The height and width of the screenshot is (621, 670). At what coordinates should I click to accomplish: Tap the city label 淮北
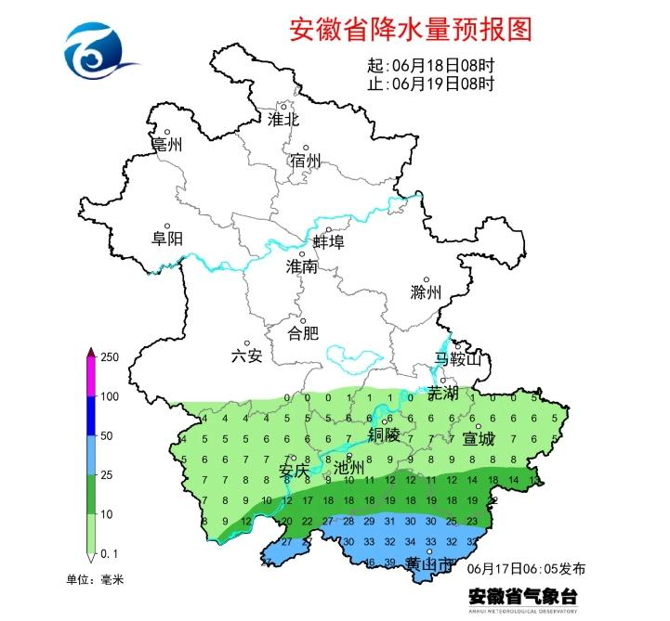pyautogui.click(x=282, y=120)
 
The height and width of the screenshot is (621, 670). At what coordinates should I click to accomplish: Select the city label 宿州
pyautogui.click(x=305, y=162)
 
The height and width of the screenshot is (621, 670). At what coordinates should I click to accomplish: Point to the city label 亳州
pyautogui.click(x=167, y=145)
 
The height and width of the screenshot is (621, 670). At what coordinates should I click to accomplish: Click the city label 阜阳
pyautogui.click(x=167, y=239)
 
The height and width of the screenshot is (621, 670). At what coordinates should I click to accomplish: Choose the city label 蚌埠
pyautogui.click(x=328, y=242)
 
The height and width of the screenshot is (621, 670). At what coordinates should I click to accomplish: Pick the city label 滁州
pyautogui.click(x=426, y=292)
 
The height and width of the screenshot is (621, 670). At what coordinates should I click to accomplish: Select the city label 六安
pyautogui.click(x=247, y=355)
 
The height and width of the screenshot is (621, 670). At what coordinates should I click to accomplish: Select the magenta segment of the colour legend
pyautogui.click(x=91, y=378)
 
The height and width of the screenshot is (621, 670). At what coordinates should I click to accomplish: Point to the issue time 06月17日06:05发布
pyautogui.click(x=527, y=567)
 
